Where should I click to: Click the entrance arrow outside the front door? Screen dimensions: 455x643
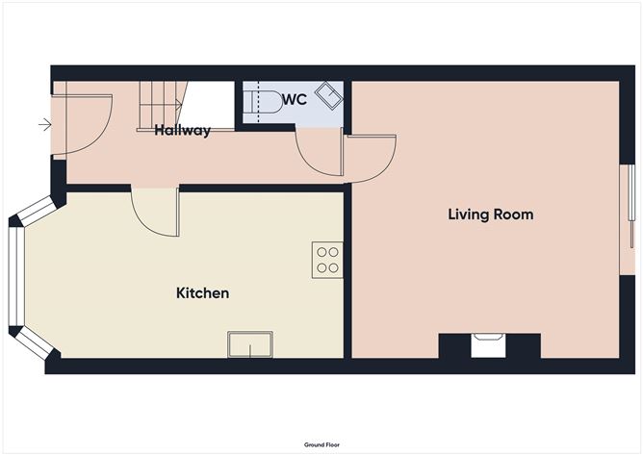click(44, 123)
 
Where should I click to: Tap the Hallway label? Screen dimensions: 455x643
click(182, 131)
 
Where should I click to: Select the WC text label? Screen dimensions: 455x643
click(295, 100)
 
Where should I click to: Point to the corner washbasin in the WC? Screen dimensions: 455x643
click(329, 94)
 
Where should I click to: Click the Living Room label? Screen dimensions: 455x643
click(490, 214)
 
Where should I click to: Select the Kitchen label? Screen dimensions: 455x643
click(202, 292)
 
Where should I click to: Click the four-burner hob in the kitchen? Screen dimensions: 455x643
click(327, 260)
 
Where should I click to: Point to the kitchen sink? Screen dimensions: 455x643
click(249, 344)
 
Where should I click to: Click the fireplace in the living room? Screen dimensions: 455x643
click(489, 344)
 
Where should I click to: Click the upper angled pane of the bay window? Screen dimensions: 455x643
click(33, 211)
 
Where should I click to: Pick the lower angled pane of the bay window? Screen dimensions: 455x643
click(33, 344)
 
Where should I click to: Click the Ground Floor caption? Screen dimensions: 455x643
click(321, 445)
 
